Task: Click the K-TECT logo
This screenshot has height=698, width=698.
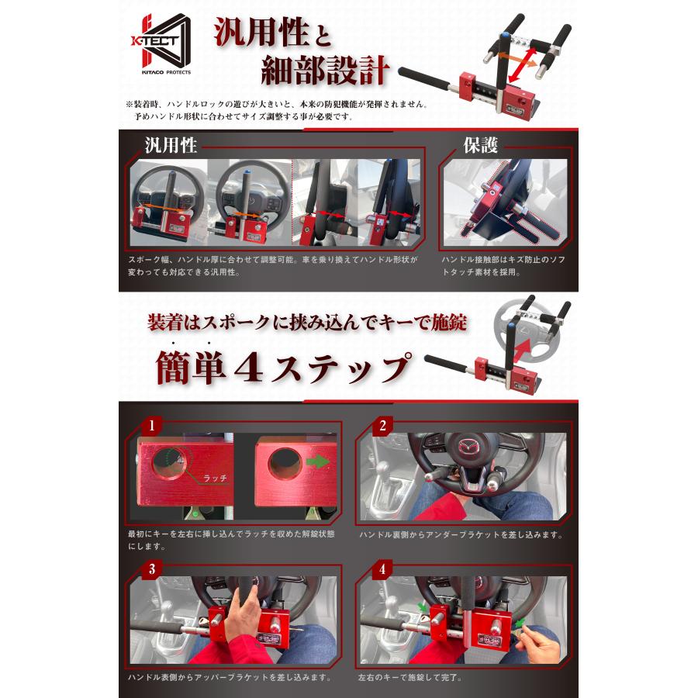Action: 161,43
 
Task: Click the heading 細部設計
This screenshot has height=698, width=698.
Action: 325,71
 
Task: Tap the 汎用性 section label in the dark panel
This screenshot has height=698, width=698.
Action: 171,146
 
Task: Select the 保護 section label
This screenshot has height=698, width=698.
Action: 480,145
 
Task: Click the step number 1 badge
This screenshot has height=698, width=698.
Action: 152,426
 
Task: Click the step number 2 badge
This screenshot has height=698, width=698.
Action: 382,426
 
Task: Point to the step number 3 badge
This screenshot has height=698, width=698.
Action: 152,569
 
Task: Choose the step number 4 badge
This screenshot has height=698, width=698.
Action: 382,569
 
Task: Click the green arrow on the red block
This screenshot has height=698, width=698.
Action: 318,461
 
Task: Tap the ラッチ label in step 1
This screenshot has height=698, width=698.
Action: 215,478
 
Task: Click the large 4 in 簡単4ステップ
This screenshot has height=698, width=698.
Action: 248,368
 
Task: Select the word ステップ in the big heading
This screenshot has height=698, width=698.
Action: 340,368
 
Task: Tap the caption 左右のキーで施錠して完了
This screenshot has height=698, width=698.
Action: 409,678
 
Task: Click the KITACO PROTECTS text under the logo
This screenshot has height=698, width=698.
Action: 166,72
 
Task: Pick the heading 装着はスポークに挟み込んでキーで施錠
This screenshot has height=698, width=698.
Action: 307,323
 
